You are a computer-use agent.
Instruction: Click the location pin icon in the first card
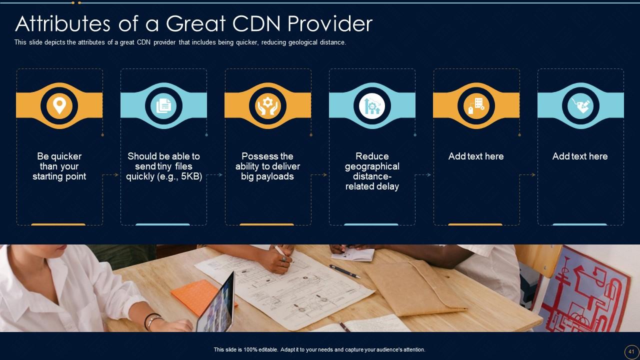click(x=59, y=105)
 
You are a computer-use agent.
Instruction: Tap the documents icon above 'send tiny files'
click(x=163, y=105)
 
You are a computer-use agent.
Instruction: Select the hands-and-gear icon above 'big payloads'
click(x=267, y=105)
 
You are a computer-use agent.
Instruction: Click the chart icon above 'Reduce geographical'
click(x=372, y=105)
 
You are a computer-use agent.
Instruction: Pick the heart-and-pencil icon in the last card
click(x=580, y=105)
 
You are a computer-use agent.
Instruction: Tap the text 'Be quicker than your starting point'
click(x=59, y=166)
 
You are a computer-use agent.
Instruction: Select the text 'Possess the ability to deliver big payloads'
click(x=267, y=166)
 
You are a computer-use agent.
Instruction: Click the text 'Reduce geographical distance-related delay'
click(x=372, y=171)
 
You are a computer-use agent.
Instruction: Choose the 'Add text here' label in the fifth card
click(x=476, y=156)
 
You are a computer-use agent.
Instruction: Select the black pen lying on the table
click(x=344, y=271)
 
